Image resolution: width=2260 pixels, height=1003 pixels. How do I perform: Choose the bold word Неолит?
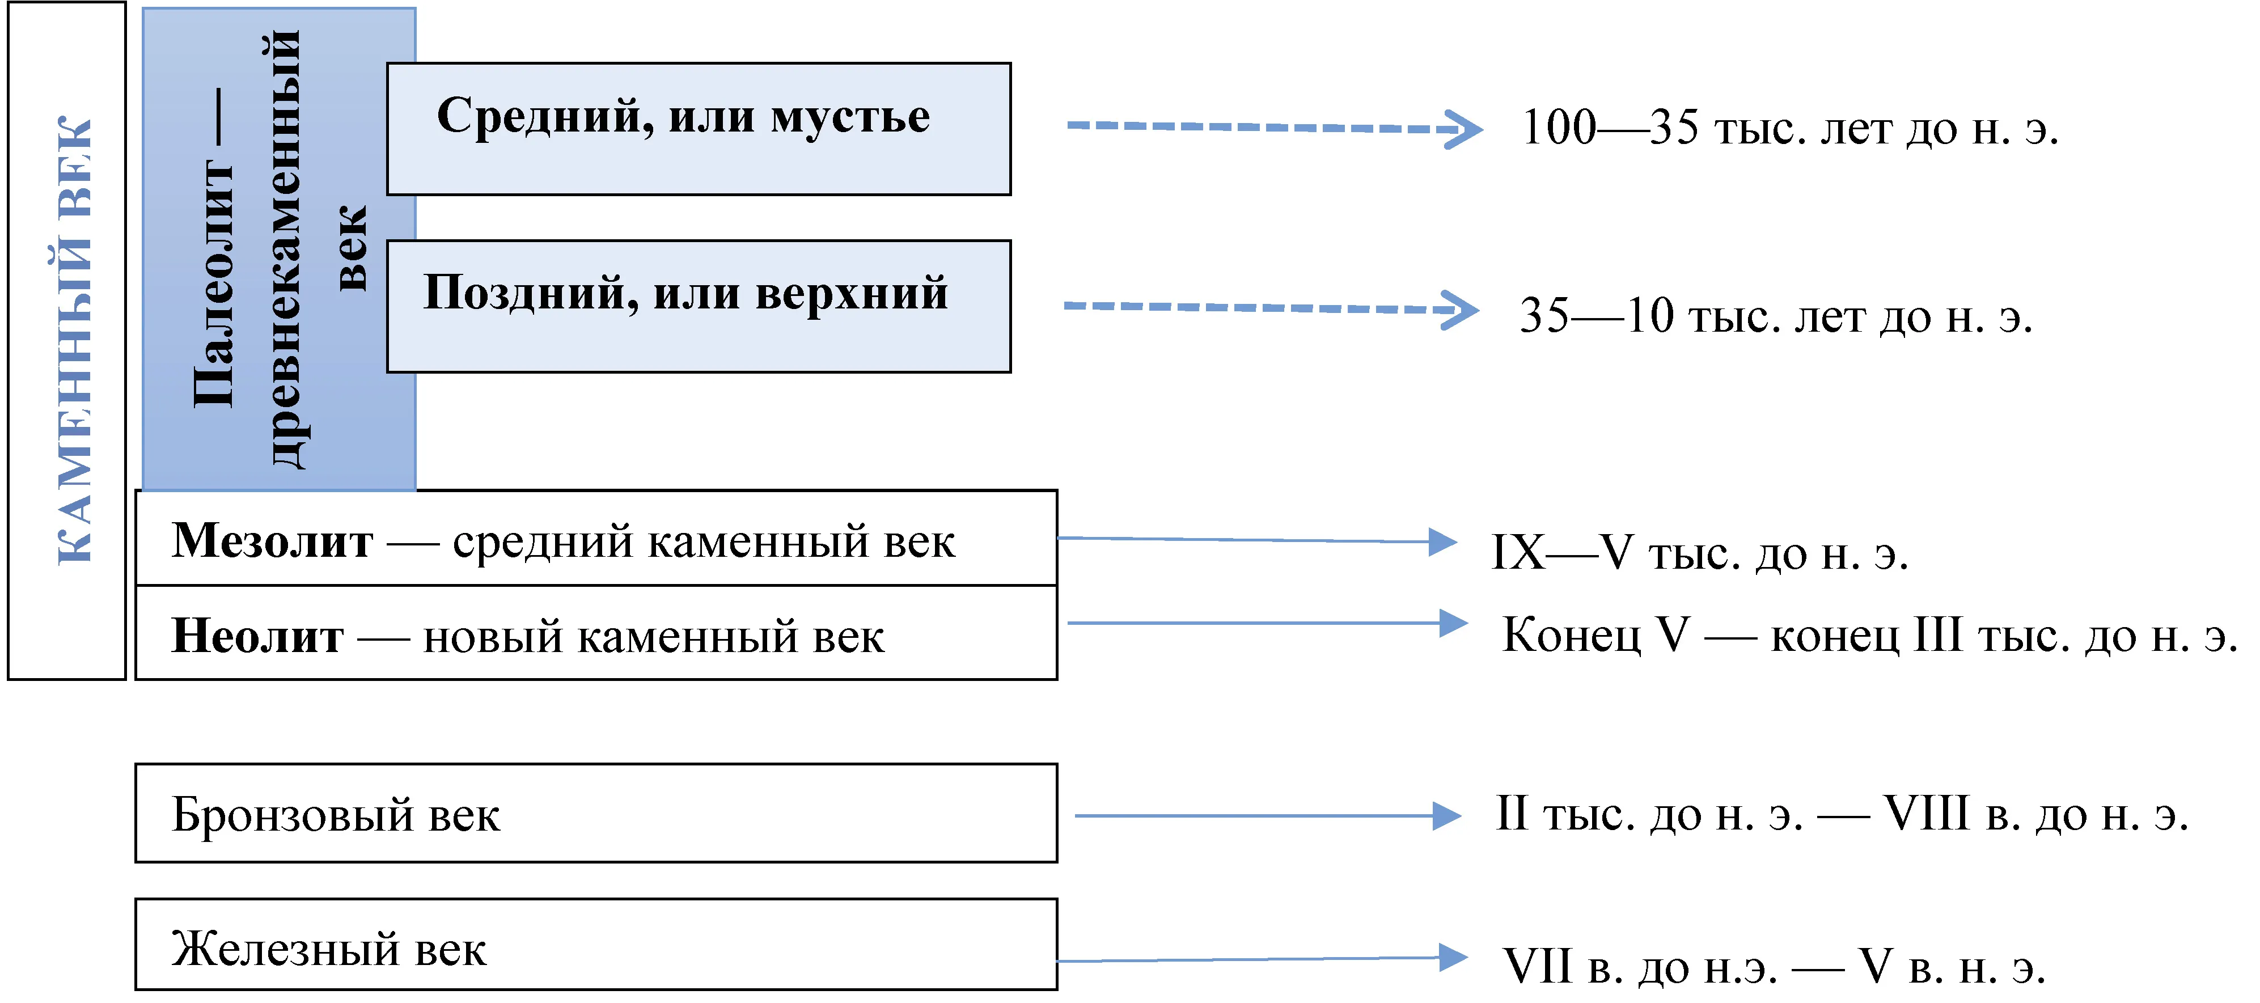click(257, 636)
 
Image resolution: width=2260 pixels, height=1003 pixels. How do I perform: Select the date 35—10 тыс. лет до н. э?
click(1776, 316)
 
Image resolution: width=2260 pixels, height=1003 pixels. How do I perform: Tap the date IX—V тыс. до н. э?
click(1699, 553)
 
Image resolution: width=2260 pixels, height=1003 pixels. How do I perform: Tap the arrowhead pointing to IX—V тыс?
click(1443, 542)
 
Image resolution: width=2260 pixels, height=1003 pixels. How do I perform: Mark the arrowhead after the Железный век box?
click(1454, 958)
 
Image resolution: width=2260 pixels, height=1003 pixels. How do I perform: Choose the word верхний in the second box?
click(852, 294)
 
